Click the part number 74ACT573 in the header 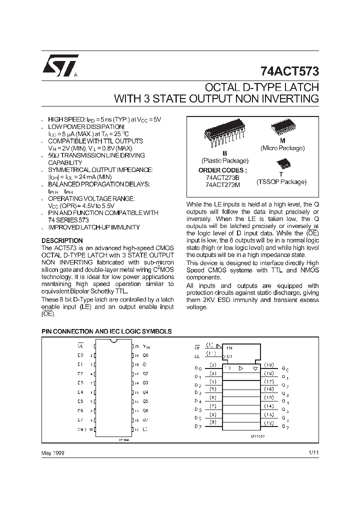(289, 71)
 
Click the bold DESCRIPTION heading (62, 240)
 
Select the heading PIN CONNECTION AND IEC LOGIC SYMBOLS (106, 331)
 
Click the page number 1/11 (313, 452)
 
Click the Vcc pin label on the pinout (146, 346)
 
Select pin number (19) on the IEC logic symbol (269, 365)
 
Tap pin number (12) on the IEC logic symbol (269, 423)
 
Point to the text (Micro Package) (282, 148)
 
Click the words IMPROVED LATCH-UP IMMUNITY (90, 227)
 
